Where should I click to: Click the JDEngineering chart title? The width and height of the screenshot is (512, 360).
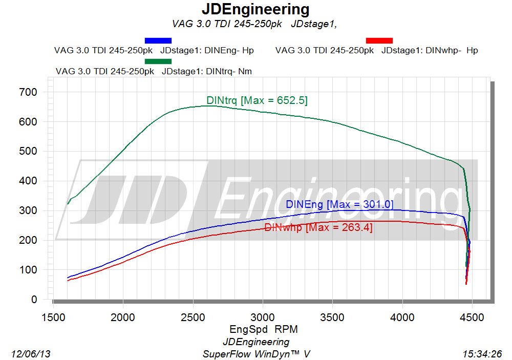[255, 9]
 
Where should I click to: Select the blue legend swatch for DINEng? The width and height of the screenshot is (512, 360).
[158, 40]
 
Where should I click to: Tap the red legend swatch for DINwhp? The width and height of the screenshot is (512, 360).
[379, 40]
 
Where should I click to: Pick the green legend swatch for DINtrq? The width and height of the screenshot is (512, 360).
[158, 61]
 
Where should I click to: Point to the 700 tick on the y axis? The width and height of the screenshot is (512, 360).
[28, 92]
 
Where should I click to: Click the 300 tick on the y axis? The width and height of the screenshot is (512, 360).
[28, 210]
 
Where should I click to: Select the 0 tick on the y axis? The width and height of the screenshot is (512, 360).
[34, 299]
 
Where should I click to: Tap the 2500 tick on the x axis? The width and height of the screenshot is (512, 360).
[193, 317]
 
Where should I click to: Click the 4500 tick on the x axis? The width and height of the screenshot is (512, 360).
[472, 317]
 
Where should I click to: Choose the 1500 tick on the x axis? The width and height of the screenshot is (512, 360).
[53, 317]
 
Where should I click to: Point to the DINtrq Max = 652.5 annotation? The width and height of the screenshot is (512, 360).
[257, 100]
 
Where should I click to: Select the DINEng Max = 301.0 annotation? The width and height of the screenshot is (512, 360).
[339, 204]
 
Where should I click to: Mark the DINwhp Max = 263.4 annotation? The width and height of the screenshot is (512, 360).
[318, 227]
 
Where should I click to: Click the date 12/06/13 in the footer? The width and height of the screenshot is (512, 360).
[31, 354]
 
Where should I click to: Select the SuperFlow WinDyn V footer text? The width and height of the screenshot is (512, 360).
[256, 354]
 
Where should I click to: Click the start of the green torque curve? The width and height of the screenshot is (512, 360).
[68, 203]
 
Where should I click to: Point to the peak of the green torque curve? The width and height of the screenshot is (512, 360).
[209, 105]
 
